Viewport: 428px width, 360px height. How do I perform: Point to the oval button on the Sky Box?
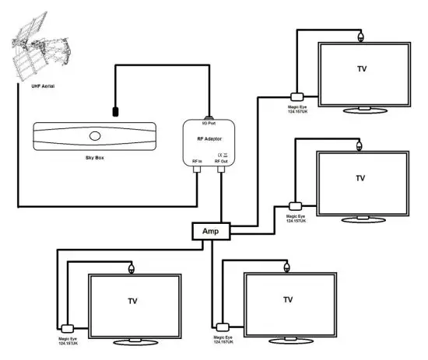(x=95, y=135)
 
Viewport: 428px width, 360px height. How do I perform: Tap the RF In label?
(x=197, y=162)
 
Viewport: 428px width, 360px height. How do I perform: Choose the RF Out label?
(x=221, y=162)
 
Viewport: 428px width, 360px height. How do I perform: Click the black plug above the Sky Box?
(x=115, y=111)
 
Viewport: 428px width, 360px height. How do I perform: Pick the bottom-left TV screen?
(x=135, y=300)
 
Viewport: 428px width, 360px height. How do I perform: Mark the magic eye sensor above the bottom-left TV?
(x=132, y=267)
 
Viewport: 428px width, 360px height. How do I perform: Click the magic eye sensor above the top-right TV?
(x=360, y=36)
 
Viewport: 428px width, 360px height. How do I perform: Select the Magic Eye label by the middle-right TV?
(x=296, y=218)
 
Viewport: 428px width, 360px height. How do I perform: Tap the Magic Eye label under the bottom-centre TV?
(x=223, y=340)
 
